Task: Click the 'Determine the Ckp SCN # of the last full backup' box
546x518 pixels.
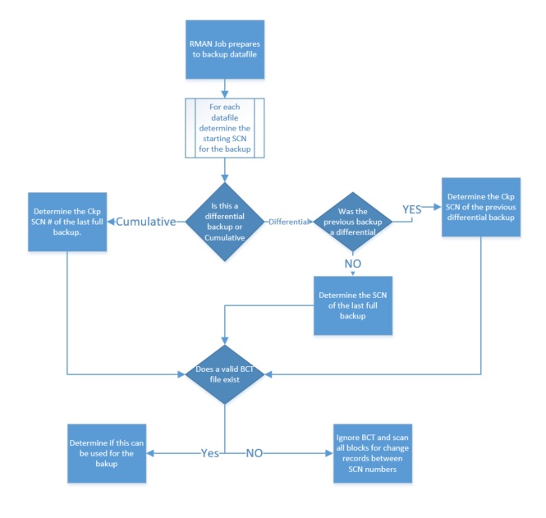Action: tap(69, 222)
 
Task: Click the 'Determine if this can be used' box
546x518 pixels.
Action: tap(108, 452)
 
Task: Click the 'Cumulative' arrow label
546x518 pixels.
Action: tap(148, 222)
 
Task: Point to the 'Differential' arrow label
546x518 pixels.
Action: tap(289, 222)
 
